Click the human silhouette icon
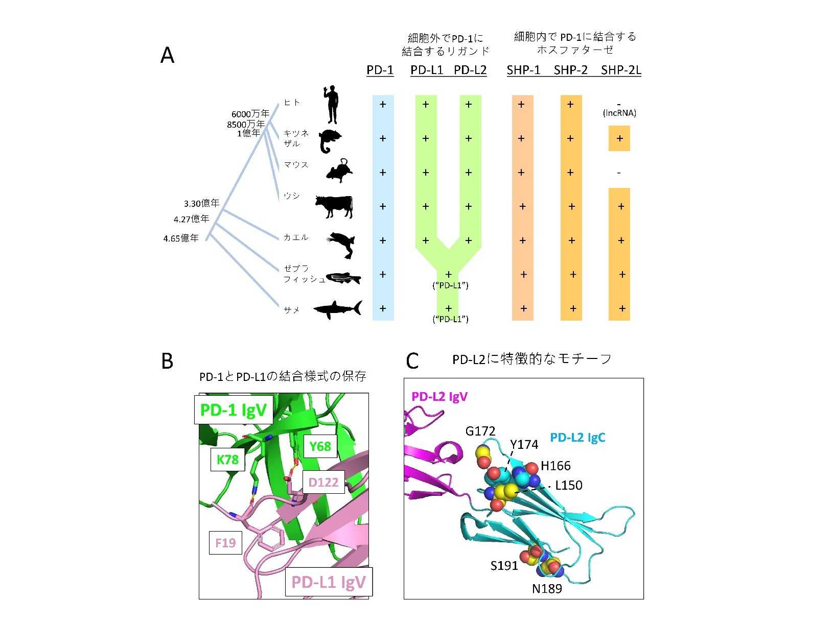(x=332, y=105)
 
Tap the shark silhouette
(x=337, y=309)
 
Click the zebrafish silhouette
(x=343, y=278)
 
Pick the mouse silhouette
(x=340, y=171)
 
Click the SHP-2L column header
(x=621, y=70)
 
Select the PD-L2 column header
(x=470, y=70)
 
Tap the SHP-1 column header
(x=523, y=70)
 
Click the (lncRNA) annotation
(x=619, y=113)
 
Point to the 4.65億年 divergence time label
(x=181, y=238)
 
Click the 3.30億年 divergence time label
(x=201, y=203)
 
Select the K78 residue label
(x=227, y=460)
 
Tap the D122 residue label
(x=323, y=482)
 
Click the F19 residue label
(x=225, y=543)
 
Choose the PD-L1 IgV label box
(x=329, y=582)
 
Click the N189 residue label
(x=547, y=589)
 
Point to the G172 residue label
(x=480, y=431)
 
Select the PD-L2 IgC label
(x=577, y=438)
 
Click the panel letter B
(x=167, y=361)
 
